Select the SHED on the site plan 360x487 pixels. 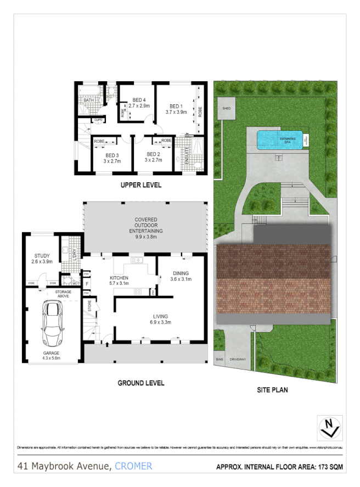[x=226, y=109]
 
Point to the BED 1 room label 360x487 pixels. [x=175, y=106]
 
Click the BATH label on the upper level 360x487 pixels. [x=88, y=100]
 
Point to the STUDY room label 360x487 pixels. [x=42, y=255]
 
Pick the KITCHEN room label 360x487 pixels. [x=119, y=278]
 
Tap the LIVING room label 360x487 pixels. [x=161, y=316]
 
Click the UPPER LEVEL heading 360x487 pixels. [x=141, y=185]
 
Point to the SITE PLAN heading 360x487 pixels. [x=273, y=390]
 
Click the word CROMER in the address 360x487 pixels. [x=133, y=466]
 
